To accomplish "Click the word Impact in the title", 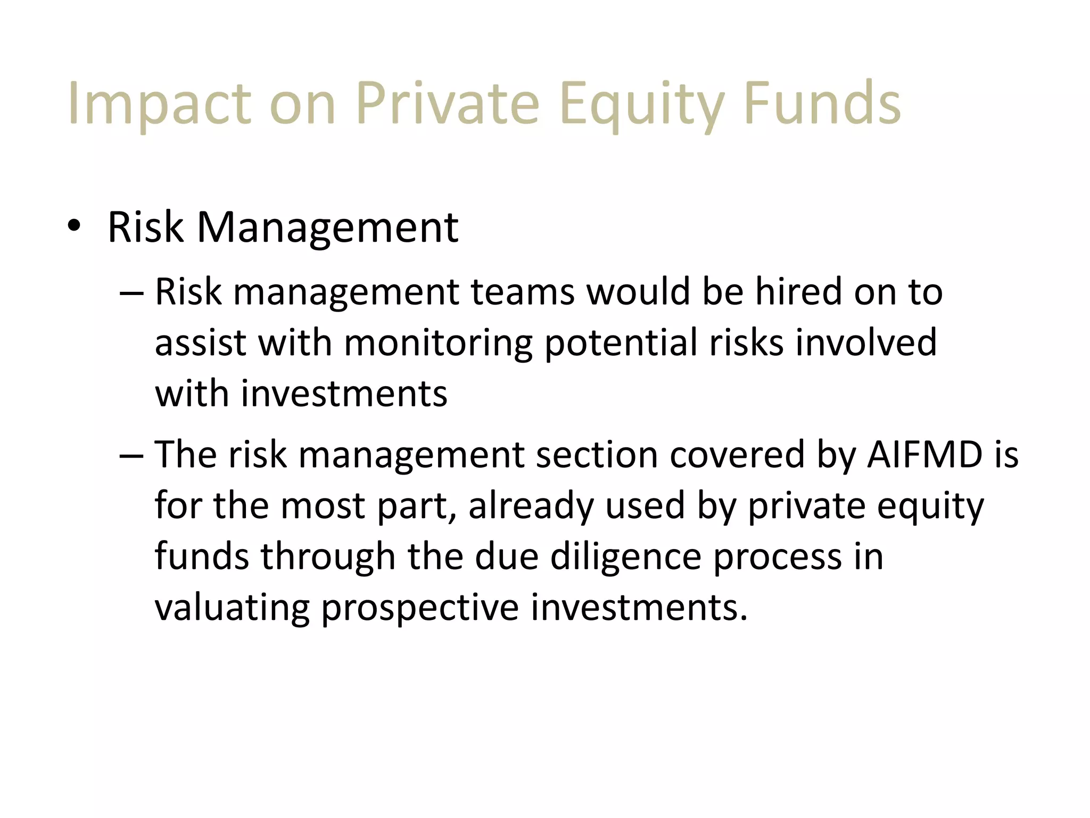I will click(x=159, y=103).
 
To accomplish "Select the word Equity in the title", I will click(x=642, y=103).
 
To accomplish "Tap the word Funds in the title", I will click(x=822, y=103).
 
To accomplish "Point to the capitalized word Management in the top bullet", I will click(x=327, y=227).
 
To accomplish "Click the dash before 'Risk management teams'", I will click(x=131, y=292).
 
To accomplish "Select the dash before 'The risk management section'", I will click(x=131, y=455).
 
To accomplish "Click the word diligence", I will click(x=625, y=557).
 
